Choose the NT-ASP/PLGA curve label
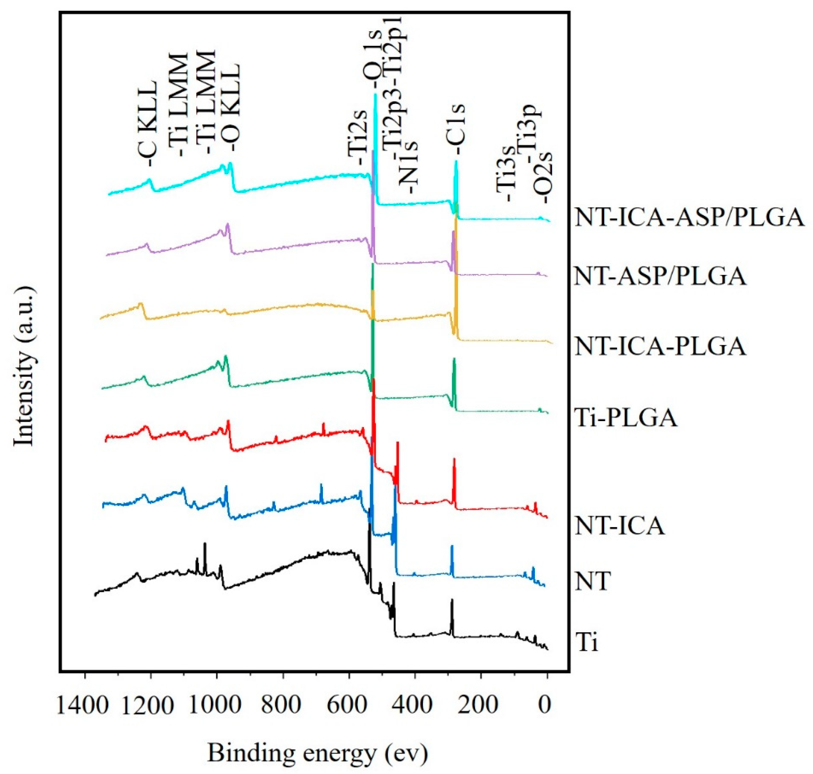660,276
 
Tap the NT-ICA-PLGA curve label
660,346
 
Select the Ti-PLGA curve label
625,417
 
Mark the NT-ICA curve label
619,526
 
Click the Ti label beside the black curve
586,643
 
